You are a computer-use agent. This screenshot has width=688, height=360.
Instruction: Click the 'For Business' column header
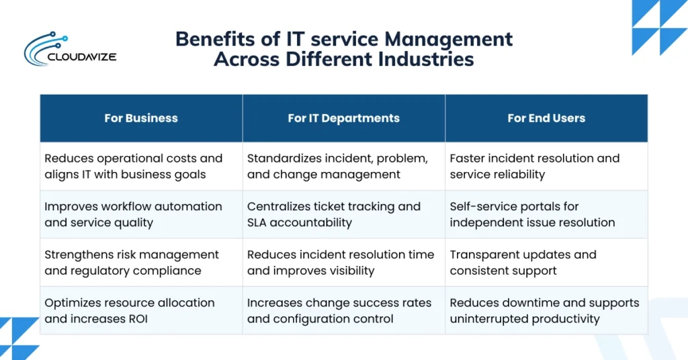(141, 118)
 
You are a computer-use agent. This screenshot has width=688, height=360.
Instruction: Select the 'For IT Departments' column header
(343, 118)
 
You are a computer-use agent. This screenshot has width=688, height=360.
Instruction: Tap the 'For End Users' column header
(546, 118)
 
